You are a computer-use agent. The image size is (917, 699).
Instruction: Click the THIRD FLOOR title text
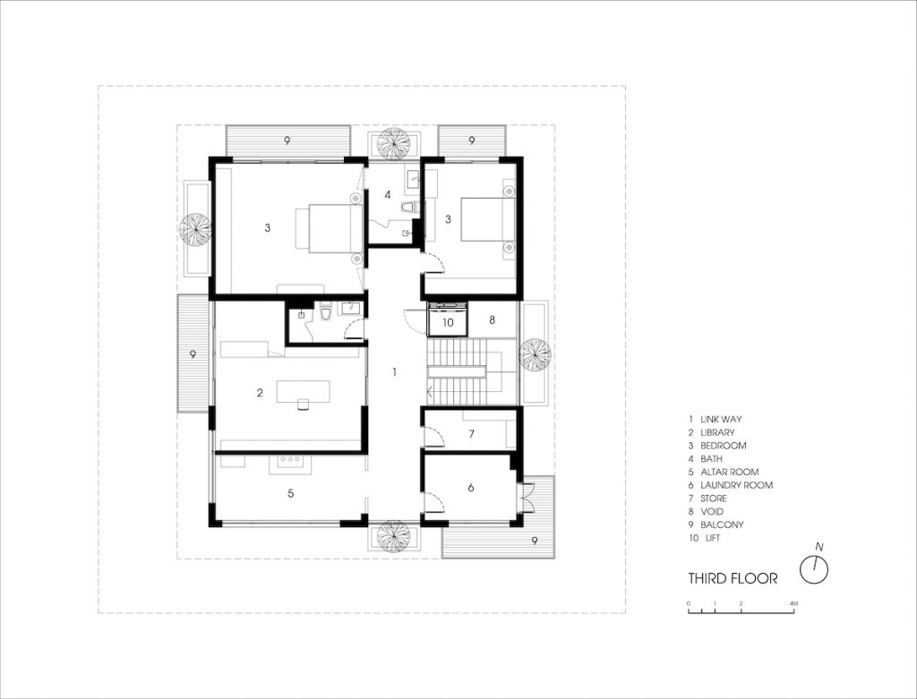(x=733, y=578)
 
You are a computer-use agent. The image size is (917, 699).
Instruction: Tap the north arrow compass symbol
(x=814, y=568)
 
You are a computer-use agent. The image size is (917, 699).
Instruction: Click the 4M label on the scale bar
(x=793, y=603)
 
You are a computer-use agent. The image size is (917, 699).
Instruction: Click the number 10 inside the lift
(x=448, y=322)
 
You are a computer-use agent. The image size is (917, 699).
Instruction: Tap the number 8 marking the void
(x=493, y=320)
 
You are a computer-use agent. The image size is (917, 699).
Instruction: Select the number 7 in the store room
(x=471, y=434)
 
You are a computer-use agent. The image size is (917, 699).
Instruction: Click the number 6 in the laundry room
(x=471, y=488)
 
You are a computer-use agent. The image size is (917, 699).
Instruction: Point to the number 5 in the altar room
(x=291, y=493)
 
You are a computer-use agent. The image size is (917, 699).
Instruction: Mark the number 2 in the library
(x=260, y=393)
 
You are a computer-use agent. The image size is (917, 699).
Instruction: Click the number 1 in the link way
(x=395, y=371)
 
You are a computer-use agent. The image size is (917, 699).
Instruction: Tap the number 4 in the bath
(x=387, y=194)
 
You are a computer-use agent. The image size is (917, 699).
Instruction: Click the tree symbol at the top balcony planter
(x=393, y=143)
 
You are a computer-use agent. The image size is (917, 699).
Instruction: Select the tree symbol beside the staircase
(x=536, y=354)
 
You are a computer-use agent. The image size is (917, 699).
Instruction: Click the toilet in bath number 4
(x=408, y=207)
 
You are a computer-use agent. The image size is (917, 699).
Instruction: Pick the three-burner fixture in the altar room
(x=290, y=460)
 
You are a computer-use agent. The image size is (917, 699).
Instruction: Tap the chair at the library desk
(x=303, y=404)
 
